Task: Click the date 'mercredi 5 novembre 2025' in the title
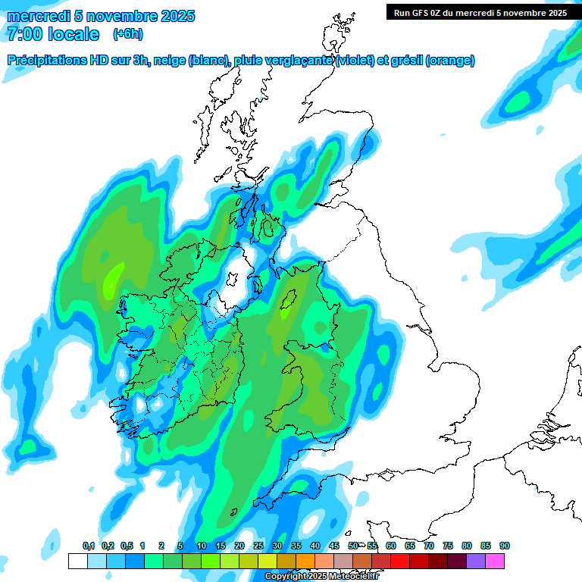pos(101,16)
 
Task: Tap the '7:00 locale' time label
pos(53,34)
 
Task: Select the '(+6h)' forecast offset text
pos(127,34)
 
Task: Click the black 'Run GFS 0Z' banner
pos(480,12)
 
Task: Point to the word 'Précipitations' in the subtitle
pos(47,61)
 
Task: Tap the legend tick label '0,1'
pos(88,546)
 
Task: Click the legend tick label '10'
pos(202,546)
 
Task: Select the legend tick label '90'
pos(505,546)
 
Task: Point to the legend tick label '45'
pos(334,546)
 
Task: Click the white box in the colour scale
pos(77,561)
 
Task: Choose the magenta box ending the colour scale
pos(495,561)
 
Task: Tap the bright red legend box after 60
pos(400,561)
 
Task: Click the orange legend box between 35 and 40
pos(305,561)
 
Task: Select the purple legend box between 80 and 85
pos(476,561)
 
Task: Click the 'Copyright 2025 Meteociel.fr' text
pos(322,577)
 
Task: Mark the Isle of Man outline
pos(288,302)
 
